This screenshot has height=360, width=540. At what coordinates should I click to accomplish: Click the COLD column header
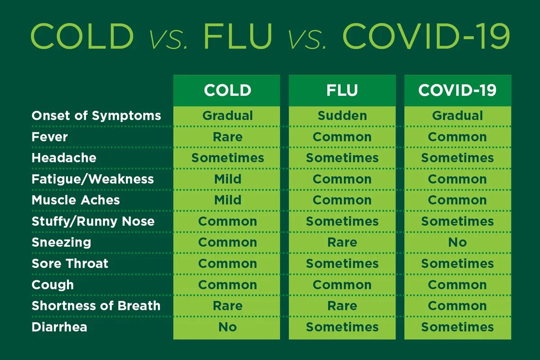(x=227, y=90)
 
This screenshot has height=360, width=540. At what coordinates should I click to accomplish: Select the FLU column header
(x=342, y=90)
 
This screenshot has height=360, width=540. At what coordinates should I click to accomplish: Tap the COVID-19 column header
(x=457, y=90)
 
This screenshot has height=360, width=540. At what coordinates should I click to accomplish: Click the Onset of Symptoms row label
(x=96, y=116)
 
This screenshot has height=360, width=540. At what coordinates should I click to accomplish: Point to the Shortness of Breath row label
(x=96, y=306)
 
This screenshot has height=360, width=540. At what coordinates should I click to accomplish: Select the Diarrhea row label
(x=59, y=327)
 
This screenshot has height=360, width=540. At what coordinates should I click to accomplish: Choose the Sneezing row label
(x=61, y=243)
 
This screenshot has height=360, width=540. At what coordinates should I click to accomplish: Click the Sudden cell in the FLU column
(x=342, y=116)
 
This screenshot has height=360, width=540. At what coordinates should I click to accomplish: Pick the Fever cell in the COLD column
(x=227, y=137)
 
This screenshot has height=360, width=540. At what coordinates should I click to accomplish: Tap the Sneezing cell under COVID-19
(x=457, y=243)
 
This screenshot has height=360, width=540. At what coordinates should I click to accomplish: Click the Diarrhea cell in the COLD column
(x=227, y=327)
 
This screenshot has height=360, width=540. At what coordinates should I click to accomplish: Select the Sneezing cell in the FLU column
(x=342, y=243)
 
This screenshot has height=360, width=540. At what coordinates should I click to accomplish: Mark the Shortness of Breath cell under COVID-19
(x=457, y=306)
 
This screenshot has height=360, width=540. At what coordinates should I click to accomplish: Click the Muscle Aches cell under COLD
(x=227, y=200)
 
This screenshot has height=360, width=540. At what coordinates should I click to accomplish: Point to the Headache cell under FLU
(x=342, y=158)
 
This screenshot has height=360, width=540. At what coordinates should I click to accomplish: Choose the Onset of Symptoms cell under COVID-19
(x=457, y=116)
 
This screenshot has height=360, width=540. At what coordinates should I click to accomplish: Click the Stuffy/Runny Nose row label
(x=93, y=221)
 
